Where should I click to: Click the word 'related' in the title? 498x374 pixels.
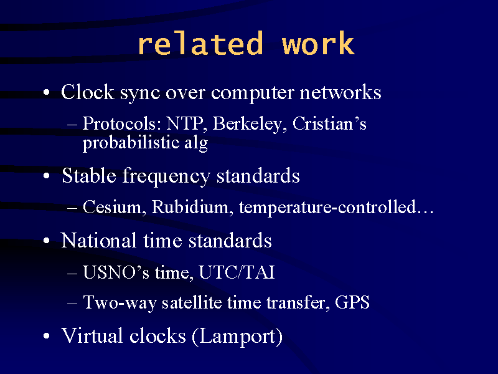point(200,43)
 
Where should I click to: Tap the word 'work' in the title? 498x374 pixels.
point(318,43)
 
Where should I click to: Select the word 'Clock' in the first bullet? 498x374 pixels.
point(88,92)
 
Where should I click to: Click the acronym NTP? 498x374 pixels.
point(184,123)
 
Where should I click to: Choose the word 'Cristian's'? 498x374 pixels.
point(329,123)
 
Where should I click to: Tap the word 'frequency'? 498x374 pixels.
point(166,176)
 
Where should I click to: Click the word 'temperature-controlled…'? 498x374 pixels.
point(336,207)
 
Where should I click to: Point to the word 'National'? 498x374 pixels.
point(98,240)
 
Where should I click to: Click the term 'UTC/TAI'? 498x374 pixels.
point(237,272)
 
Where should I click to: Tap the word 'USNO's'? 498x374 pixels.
point(116,272)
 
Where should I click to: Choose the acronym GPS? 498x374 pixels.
point(352,302)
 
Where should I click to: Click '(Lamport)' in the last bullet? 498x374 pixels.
point(237,337)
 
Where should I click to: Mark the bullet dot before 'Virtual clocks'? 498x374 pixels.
point(47,336)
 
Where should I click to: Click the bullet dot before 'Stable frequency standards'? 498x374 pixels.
point(47,176)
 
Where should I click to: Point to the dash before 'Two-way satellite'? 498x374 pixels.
point(72,303)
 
